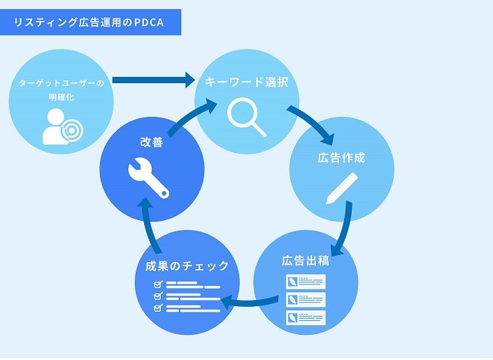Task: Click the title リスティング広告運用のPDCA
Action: coord(89,22)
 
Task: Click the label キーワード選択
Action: coord(247,82)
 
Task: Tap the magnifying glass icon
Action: coord(246,117)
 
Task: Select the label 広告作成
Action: coord(341,157)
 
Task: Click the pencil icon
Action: coord(342,188)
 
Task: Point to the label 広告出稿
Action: coord(306,261)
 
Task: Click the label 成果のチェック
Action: coord(187,266)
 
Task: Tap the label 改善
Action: coord(152,142)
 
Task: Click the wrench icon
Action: coord(149,178)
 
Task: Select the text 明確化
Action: coord(62,97)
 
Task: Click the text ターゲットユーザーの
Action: coord(62,83)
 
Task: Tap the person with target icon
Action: coord(62,127)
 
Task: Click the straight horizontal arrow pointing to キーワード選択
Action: coord(154,80)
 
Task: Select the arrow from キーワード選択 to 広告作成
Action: coord(313,122)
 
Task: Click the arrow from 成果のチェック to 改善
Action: coord(149,227)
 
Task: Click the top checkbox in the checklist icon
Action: coord(158,285)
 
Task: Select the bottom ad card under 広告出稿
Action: coord(306,317)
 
